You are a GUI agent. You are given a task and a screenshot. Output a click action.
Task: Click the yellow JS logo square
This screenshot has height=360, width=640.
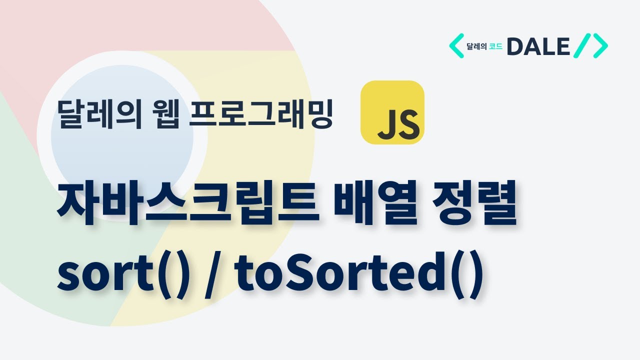coord(392,112)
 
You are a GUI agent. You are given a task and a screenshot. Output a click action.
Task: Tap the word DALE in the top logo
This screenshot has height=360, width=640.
coord(538,46)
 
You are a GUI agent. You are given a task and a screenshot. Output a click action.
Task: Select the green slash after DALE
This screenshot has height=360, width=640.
coord(582,46)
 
